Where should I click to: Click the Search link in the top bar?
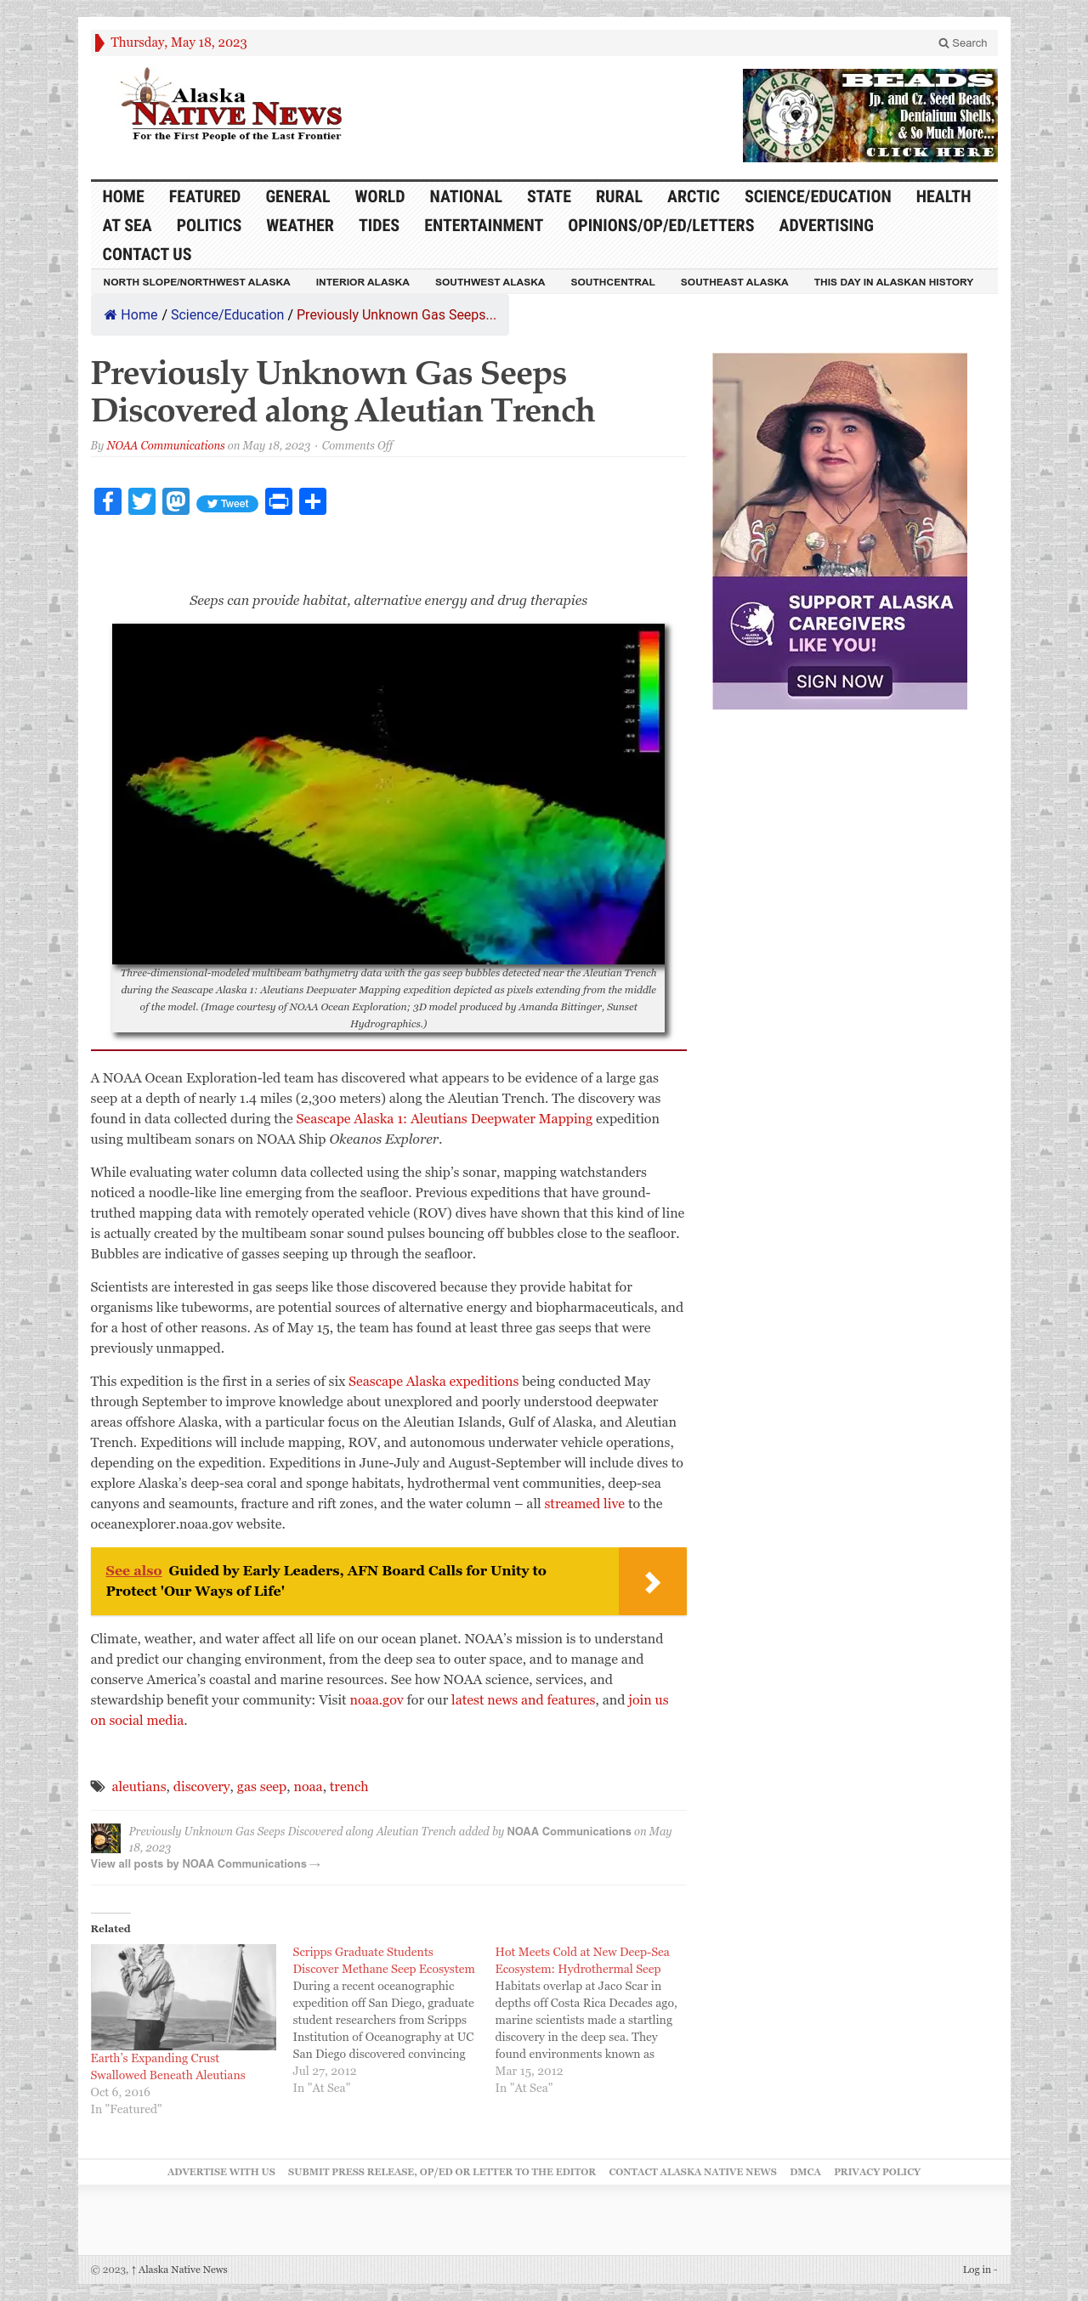(962, 42)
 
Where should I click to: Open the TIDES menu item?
(379, 226)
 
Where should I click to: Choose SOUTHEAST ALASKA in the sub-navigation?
(734, 282)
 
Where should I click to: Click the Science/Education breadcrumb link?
(227, 315)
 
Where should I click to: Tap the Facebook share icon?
(107, 502)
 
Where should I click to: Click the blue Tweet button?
(228, 504)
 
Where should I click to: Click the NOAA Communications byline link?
(165, 446)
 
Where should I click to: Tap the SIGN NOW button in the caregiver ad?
(839, 681)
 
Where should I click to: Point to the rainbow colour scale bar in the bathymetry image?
(649, 691)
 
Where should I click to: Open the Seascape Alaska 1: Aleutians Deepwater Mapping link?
(444, 1119)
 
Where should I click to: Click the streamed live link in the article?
(584, 1504)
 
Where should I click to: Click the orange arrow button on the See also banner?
(652, 1581)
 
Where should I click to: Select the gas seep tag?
(261, 1786)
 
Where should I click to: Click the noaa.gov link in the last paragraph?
(376, 1700)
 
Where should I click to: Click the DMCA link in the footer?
(805, 2172)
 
